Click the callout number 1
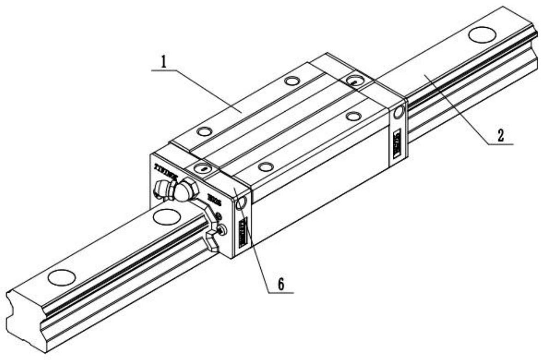click(x=163, y=62)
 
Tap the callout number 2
click(x=501, y=136)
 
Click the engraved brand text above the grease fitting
click(x=168, y=168)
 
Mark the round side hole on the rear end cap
click(x=398, y=112)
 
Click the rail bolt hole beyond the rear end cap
click(x=482, y=34)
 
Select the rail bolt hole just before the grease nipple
click(x=166, y=216)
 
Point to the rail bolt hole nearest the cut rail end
click(x=62, y=277)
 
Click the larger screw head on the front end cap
click(x=220, y=230)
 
